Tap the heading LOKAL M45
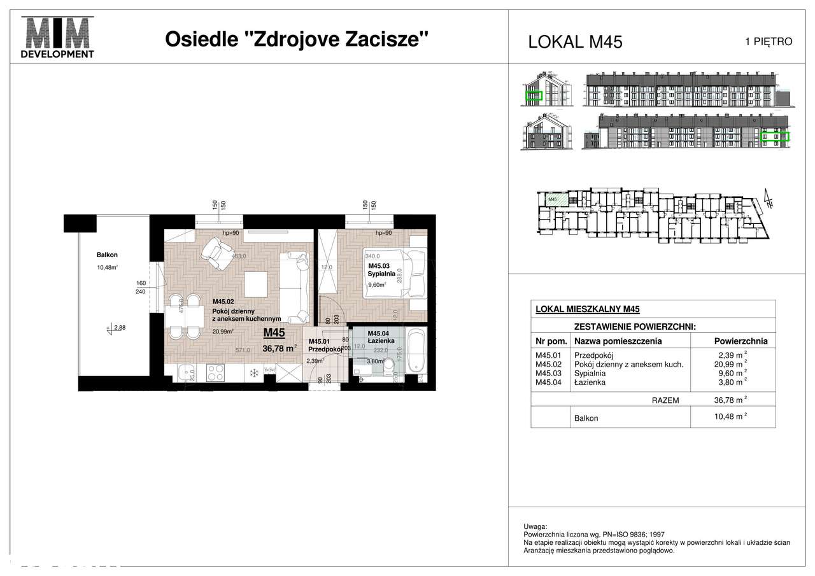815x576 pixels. click(x=575, y=42)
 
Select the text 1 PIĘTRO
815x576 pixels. click(x=769, y=42)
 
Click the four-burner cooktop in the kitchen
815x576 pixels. click(x=215, y=372)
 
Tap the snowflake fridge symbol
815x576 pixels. click(x=252, y=373)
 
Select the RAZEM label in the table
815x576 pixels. click(x=665, y=401)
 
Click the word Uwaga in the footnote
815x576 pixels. click(x=535, y=528)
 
